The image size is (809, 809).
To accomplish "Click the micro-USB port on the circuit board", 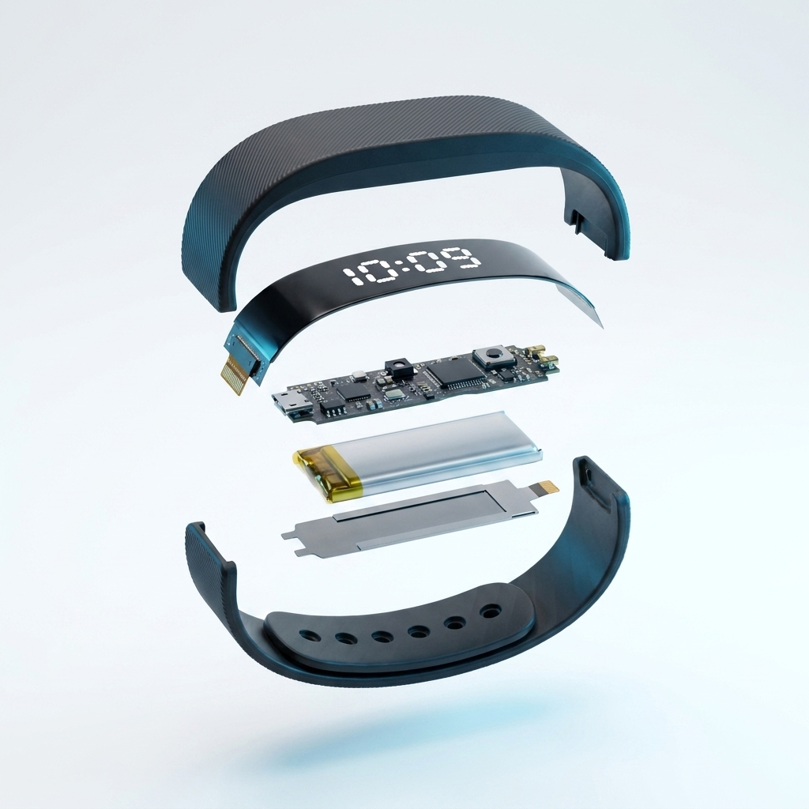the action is (291, 401).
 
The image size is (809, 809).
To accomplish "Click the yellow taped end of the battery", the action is (320, 475).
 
